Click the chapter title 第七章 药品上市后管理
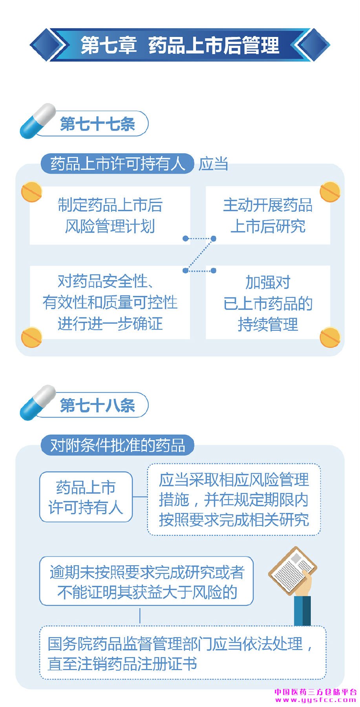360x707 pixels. pos(180,45)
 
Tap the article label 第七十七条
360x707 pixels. pos(97,124)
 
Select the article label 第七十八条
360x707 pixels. pos(97,405)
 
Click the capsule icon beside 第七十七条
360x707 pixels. pos(38,121)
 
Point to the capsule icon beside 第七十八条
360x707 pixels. pos(38,402)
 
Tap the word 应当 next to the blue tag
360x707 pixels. pos(213,164)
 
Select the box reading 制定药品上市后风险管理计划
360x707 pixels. pos(110,216)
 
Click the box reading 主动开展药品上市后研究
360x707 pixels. pos(268,216)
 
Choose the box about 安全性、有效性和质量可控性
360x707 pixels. pos(110,302)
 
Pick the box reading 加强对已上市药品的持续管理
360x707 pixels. pos(268,302)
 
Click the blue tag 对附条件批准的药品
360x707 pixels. pos(117,445)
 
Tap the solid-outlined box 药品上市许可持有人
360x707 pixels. pos(86,497)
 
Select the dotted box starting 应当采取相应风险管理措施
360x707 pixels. pos(234,500)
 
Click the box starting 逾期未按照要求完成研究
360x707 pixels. pos(146,581)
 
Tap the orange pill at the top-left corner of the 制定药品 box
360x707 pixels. pos(31,191)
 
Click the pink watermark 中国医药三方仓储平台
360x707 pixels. pos(315,692)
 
